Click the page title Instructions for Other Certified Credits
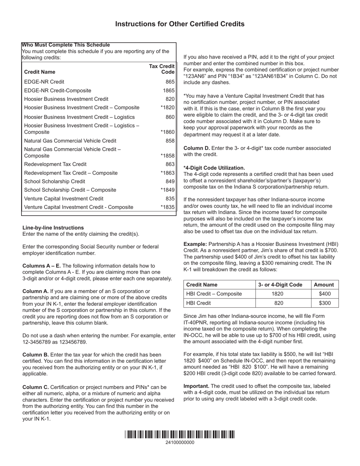pyautogui.click(x=180, y=24)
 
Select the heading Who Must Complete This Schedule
pyautogui.click(x=66, y=45)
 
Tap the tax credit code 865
pyautogui.click(x=170, y=82)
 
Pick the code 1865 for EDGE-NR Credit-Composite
pyautogui.click(x=169, y=91)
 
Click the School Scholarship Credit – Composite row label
pyautogui.click(x=70, y=190)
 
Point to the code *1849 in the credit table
pyautogui.click(x=167, y=190)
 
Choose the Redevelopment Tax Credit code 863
pyautogui.click(x=170, y=164)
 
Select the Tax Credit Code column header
pyautogui.click(x=162, y=69)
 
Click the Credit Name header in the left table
pyautogui.click(x=39, y=72)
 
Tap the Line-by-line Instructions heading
pyautogui.click(x=53, y=228)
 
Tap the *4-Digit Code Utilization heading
pyautogui.click(x=214, y=168)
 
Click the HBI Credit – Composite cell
pyautogui.click(x=214, y=294)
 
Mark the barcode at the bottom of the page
pyautogui.click(x=180, y=434)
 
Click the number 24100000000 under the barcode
pyautogui.click(x=180, y=443)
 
